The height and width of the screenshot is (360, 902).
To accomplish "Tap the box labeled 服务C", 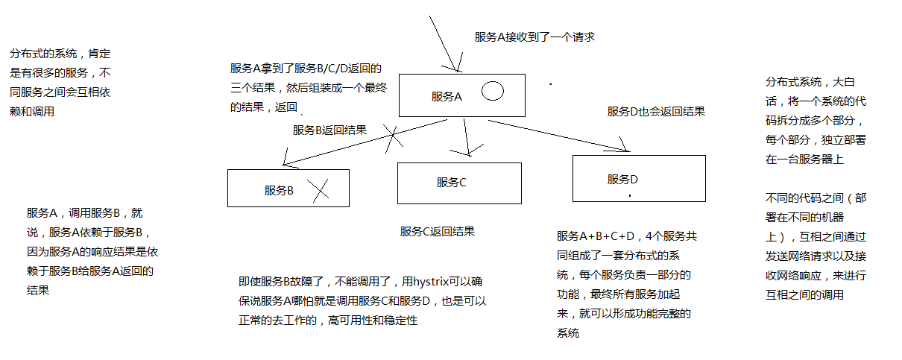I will tap(459, 183).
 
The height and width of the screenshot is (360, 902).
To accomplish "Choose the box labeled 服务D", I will tap(638, 180).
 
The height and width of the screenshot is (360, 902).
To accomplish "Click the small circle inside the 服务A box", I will tap(492, 92).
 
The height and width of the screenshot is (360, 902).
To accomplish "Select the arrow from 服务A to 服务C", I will tap(467, 137).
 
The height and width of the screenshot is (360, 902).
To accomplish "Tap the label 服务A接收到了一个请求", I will tap(534, 37).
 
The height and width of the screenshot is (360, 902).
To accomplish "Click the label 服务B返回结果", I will tap(329, 130).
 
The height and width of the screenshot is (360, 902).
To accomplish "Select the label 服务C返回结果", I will tap(438, 232).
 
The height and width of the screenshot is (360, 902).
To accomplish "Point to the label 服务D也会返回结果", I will tap(656, 112).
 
